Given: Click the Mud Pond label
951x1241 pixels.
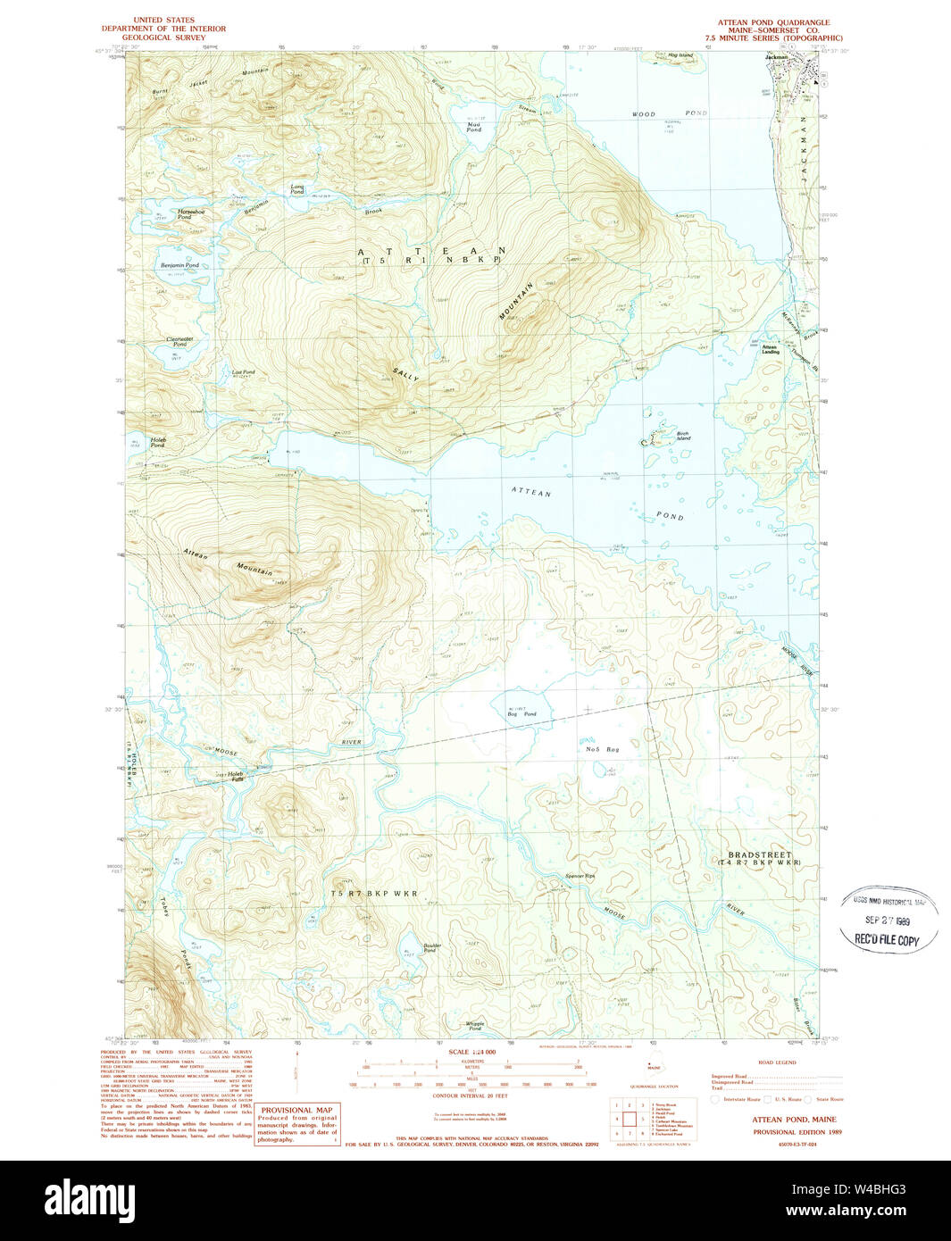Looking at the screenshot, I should pos(473,127).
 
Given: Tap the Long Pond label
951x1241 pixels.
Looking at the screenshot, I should pos(297,190).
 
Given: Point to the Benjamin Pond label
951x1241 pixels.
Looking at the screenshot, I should pos(179,265).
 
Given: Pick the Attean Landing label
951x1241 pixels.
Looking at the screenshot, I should pos(770,350).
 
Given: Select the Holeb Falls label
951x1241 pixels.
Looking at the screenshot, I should pos(236,777).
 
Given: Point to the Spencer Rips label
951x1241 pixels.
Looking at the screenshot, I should pos(580,876).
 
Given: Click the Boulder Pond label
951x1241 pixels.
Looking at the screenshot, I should pos(432,947).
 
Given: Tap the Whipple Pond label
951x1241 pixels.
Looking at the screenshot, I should pos(475,1026).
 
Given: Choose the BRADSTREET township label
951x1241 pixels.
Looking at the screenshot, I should pos(759,855).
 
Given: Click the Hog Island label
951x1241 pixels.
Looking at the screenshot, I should pos(680,55).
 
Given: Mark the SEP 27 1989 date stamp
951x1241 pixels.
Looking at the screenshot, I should pos(888,920).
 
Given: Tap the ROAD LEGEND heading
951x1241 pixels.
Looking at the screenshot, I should pos(776,1062).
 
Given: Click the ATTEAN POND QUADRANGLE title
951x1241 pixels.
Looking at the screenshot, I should pos(773,22).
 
